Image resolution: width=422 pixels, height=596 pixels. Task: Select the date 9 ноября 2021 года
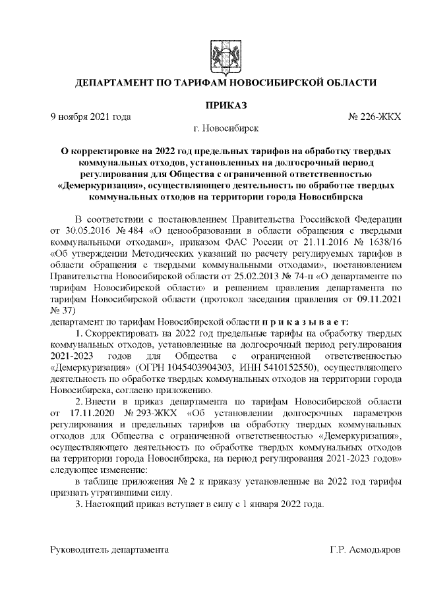91,117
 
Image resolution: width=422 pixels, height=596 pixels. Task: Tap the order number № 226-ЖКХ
374,117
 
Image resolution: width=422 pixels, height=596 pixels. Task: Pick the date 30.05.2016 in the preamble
83,231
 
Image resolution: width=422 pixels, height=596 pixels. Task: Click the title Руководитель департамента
110,549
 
